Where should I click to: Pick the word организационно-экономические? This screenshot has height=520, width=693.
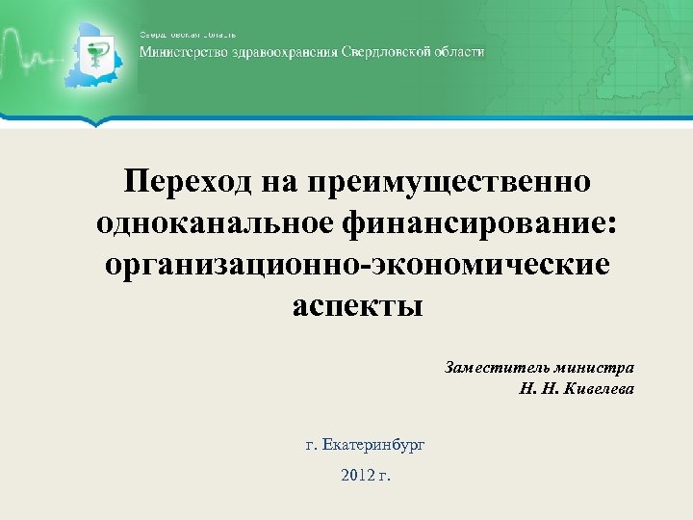click(x=356, y=264)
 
